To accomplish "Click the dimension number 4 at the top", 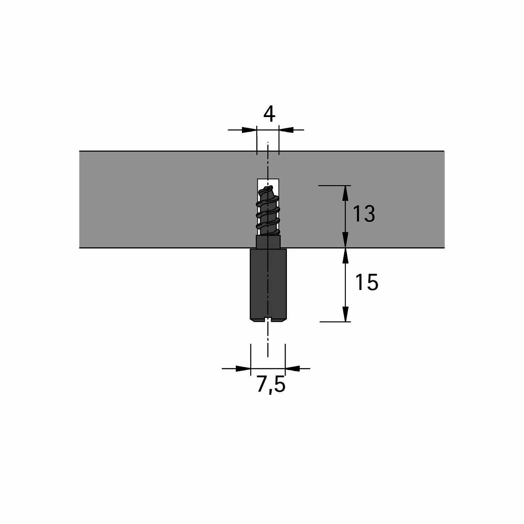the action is tap(269, 114).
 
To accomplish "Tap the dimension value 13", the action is tap(364, 214).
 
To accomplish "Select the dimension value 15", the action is tap(366, 282).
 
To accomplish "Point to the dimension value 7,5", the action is tap(271, 385).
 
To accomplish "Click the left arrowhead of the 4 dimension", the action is tap(249, 130).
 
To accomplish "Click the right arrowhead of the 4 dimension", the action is tap(286, 130).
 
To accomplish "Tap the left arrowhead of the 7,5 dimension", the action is tap(243, 369).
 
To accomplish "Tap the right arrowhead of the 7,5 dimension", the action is tap(293, 369).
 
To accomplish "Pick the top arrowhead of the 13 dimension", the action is tap(345, 193).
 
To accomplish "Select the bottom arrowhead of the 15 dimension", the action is tap(345, 314).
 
